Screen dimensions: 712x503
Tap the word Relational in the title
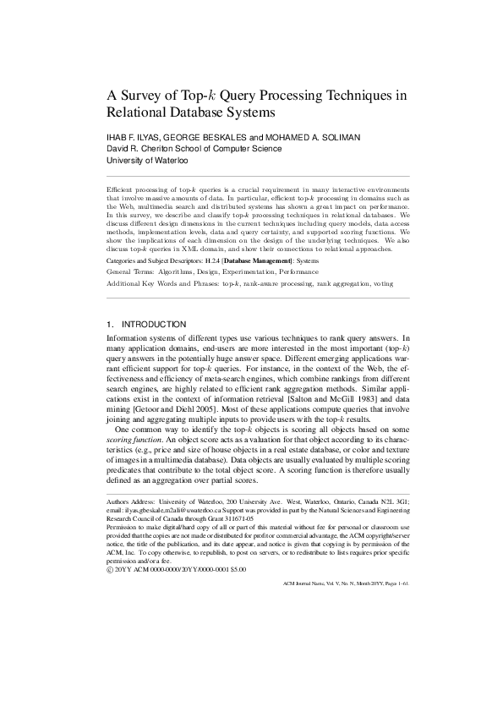coord(141,112)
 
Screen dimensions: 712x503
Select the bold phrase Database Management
coord(250,261)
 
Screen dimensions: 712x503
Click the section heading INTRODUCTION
coord(156,325)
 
